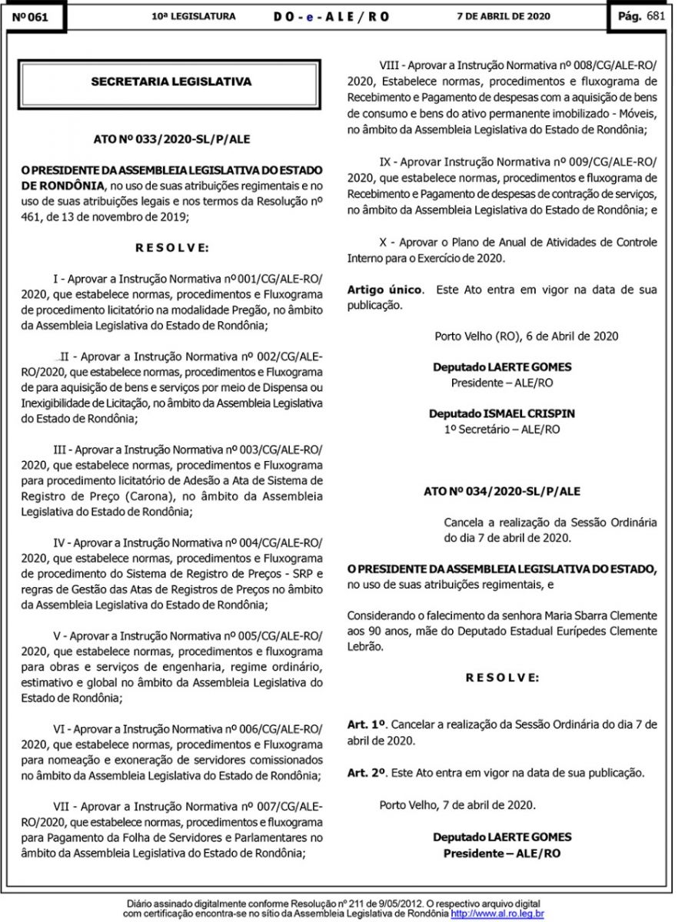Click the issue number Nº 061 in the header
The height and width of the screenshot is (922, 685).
[31, 18]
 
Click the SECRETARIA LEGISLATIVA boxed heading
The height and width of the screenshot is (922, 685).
[171, 80]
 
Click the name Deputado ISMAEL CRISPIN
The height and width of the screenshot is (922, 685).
[502, 413]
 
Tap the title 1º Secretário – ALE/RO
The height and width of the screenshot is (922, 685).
[502, 429]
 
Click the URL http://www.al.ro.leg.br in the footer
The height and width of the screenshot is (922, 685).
[497, 914]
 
